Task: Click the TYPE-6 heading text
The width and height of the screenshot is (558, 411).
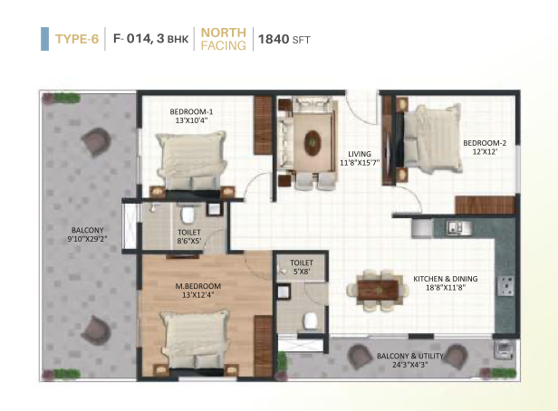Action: pyautogui.click(x=77, y=39)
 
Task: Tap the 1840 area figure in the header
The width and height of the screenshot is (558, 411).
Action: pyautogui.click(x=274, y=39)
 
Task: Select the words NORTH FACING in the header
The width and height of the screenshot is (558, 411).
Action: pyautogui.click(x=224, y=39)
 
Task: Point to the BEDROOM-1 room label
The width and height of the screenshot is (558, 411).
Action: pyautogui.click(x=191, y=111)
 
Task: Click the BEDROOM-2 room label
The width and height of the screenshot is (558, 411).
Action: pyautogui.click(x=485, y=143)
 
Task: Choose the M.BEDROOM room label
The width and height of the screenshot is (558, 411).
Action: pyautogui.click(x=197, y=286)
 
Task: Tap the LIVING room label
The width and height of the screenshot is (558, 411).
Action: pyautogui.click(x=360, y=154)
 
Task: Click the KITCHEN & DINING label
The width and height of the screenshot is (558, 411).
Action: pyautogui.click(x=445, y=279)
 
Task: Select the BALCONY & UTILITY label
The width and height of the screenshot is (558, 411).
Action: pyautogui.click(x=410, y=356)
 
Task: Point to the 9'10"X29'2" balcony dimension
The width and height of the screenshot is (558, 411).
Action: pyautogui.click(x=87, y=239)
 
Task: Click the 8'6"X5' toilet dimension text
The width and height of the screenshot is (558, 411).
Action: pyautogui.click(x=189, y=241)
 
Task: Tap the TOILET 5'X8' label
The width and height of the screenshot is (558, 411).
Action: pyautogui.click(x=302, y=267)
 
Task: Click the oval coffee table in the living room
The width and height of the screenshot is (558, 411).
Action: pyautogui.click(x=313, y=143)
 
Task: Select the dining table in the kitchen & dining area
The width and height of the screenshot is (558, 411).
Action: pyautogui.click(x=378, y=291)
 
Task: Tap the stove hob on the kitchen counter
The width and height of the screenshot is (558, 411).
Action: pyautogui.click(x=505, y=286)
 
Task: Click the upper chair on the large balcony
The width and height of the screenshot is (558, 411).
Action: pyautogui.click(x=96, y=142)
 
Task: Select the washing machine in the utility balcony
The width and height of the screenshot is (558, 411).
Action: pyautogui.click(x=505, y=349)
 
